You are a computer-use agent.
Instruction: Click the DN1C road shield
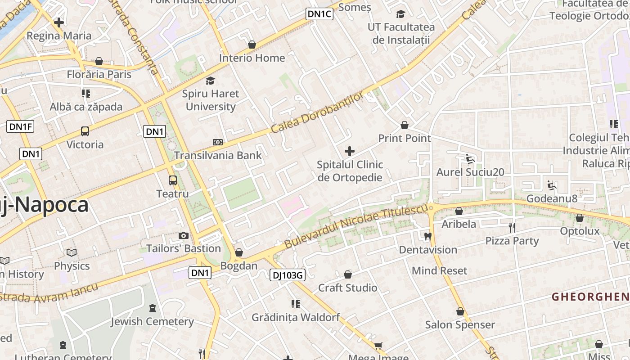coord(319,14)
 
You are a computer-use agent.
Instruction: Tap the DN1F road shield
coord(20,126)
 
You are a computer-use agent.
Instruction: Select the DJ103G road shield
coord(288,275)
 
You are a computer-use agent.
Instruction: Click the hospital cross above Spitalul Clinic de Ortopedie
coord(350,151)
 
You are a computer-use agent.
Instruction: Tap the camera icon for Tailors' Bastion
coord(183,235)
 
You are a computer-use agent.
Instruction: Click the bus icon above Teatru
coord(173,180)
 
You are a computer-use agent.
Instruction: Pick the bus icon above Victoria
coord(85,131)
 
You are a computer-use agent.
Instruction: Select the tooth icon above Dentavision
coord(427,236)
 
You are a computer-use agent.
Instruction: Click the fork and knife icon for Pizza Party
coord(512,227)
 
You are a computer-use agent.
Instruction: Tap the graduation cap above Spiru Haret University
coord(210,81)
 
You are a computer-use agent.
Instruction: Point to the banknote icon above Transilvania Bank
coord(218,142)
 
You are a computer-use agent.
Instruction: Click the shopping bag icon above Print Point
coord(405,125)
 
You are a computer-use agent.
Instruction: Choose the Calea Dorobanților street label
coord(317,112)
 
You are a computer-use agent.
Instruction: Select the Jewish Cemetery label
coord(152,321)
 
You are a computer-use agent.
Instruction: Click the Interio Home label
coord(252,58)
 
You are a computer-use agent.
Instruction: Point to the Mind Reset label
coord(440,271)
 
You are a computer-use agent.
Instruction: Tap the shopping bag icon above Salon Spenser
coord(460,311)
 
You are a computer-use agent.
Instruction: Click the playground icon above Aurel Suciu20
coord(470,159)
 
